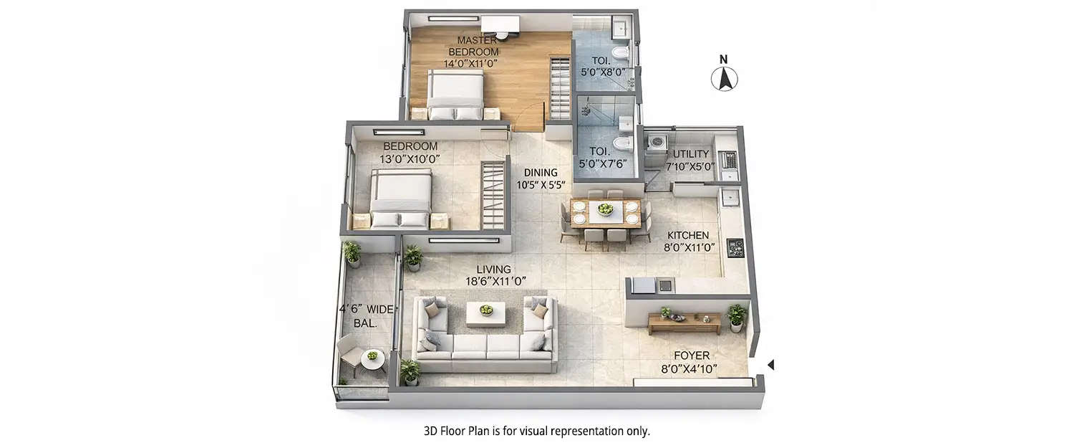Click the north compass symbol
coord(724,77)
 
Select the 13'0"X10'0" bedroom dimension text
coord(410,159)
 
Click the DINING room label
coord(540,172)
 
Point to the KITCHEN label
coord(687,235)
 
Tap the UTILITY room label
coord(691,154)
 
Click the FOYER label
coord(691,356)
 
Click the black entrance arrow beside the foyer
coord(770,366)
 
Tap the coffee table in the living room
coord(486,313)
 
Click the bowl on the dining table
coord(606,210)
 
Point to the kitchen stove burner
coord(735,248)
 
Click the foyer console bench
coord(684,323)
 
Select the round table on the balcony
coord(372,359)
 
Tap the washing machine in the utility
coord(655,143)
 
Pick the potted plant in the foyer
coord(737,316)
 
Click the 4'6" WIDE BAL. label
coord(366,316)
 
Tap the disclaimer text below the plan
coord(536,432)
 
